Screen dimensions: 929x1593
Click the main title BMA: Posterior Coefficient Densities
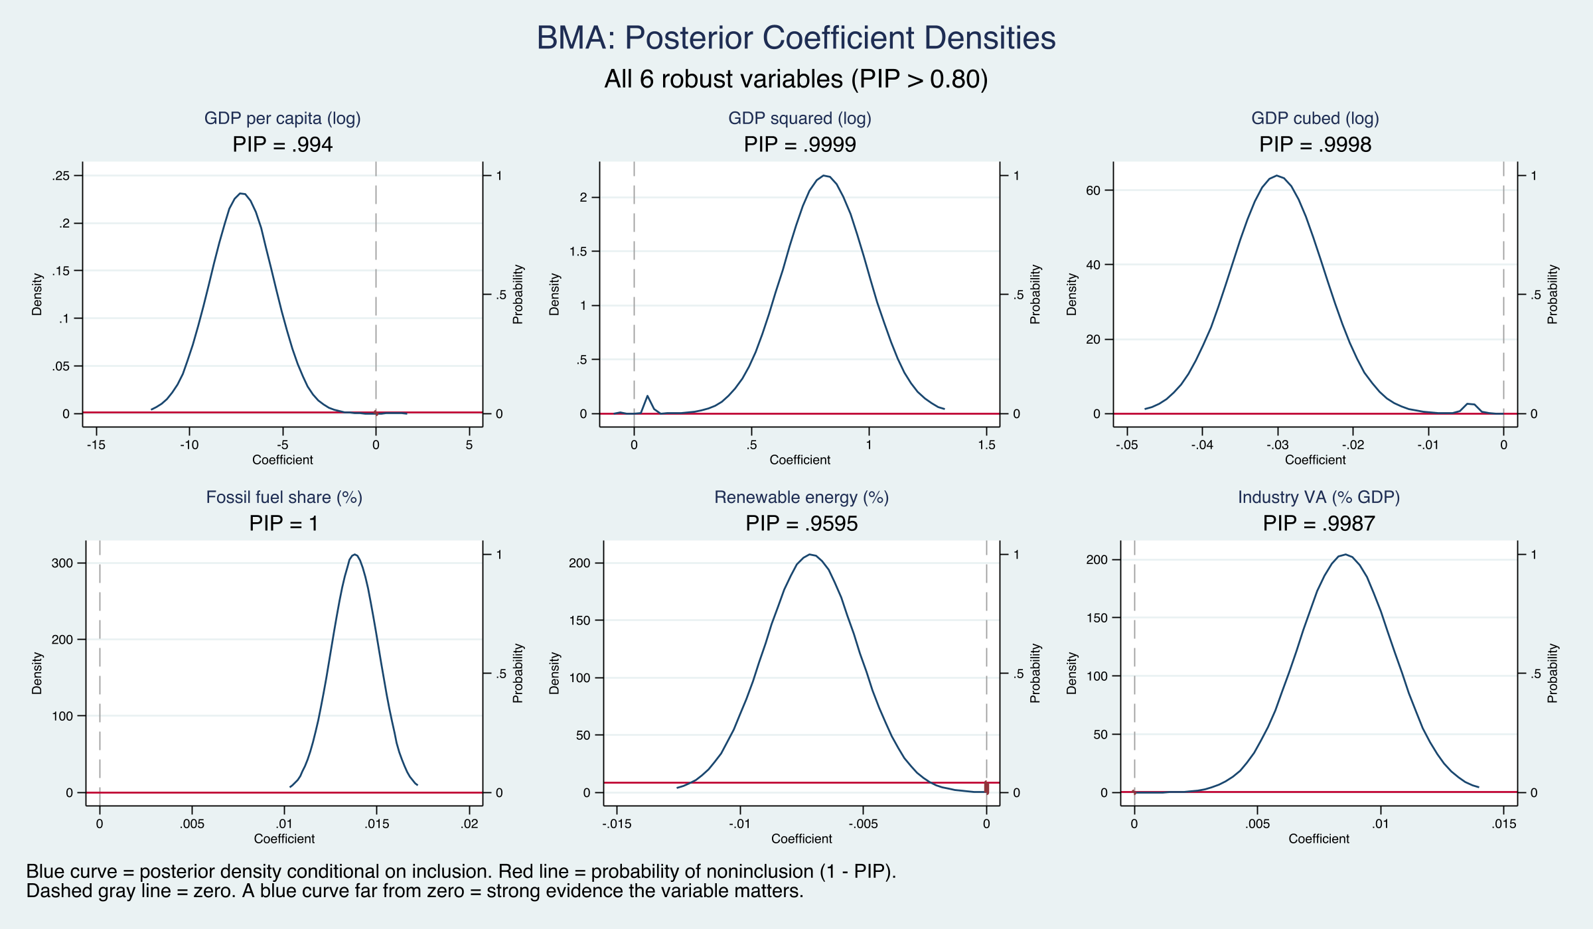click(796, 38)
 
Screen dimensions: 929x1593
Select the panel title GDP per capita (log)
click(282, 118)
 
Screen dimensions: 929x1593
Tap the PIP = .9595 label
click(801, 524)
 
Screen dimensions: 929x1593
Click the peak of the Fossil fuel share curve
click(355, 554)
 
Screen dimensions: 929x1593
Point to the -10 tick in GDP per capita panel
click(189, 445)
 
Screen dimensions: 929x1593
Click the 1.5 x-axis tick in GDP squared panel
click(986, 445)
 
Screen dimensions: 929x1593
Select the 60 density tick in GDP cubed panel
click(1093, 190)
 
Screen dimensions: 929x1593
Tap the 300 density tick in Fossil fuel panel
click(62, 563)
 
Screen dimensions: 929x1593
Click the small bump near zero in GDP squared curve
click(647, 396)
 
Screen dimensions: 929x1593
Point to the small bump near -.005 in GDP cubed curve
click(1470, 403)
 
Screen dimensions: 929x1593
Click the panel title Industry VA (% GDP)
click(1318, 497)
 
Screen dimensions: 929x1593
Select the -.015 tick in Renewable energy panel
click(617, 823)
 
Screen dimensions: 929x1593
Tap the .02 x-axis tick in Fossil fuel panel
click(470, 823)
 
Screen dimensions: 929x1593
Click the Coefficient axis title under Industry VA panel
click(1318, 839)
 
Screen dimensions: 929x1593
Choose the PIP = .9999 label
click(800, 145)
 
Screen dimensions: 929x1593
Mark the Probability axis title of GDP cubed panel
click(1552, 294)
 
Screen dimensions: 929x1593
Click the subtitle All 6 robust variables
click(796, 79)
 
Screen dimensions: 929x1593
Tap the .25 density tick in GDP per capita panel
click(61, 176)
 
